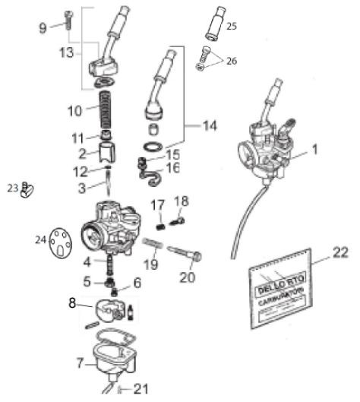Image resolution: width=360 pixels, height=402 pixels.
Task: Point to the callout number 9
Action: (43, 28)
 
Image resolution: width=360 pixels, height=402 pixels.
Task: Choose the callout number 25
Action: (231, 25)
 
